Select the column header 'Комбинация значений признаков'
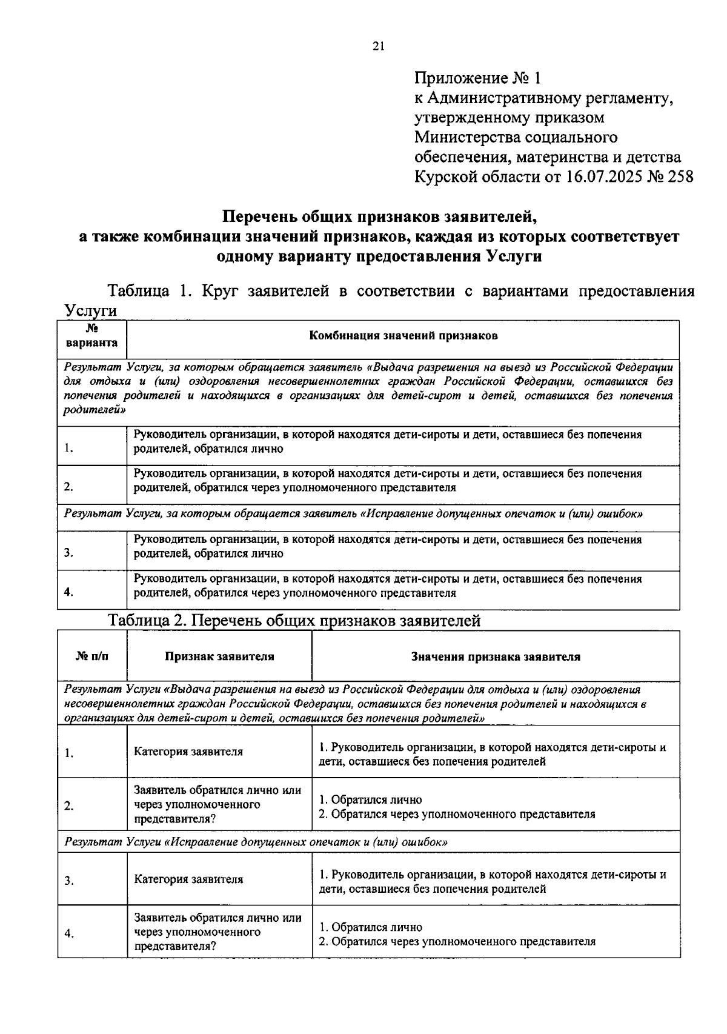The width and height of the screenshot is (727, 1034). (403, 336)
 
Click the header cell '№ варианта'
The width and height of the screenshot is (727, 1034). (92, 336)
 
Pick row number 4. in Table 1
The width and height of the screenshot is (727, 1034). (69, 593)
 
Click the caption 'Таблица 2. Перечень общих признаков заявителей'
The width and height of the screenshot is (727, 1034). (294, 621)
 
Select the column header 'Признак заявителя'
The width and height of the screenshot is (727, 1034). (219, 656)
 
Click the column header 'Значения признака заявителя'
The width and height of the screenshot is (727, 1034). (496, 656)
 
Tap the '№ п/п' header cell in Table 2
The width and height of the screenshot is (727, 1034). (93, 656)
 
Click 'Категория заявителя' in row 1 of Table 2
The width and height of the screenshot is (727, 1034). (188, 752)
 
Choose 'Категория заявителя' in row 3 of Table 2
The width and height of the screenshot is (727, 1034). (188, 879)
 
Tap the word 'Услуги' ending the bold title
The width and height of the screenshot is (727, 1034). (514, 256)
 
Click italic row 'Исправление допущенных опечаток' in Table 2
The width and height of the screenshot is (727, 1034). (257, 842)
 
